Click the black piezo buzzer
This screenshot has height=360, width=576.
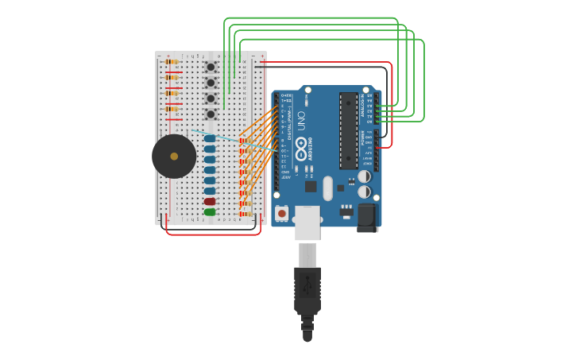coord(174,157)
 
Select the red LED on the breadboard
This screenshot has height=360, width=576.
coord(210,202)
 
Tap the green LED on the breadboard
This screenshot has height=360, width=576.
coord(210,212)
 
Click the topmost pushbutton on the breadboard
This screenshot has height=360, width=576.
coord(211,68)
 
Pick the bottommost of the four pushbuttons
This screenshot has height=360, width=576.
coord(211,114)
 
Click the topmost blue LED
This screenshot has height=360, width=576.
coord(210,138)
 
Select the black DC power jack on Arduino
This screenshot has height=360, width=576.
coord(368,216)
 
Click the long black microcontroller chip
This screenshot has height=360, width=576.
coord(349,131)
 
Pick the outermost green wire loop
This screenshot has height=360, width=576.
coord(424,79)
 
